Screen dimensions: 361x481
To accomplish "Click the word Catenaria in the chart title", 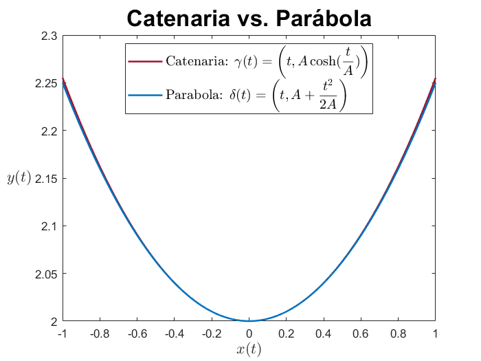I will (x=183, y=19).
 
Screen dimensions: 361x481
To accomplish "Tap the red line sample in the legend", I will (x=145, y=61).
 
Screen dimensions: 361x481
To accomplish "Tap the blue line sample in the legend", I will (x=145, y=94).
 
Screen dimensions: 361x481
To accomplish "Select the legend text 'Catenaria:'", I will (x=192, y=61).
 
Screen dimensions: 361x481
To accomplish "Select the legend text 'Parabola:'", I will (x=190, y=94).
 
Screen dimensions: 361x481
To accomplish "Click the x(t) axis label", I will (x=249, y=349).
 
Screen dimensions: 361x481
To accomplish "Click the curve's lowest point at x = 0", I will (x=249, y=320).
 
